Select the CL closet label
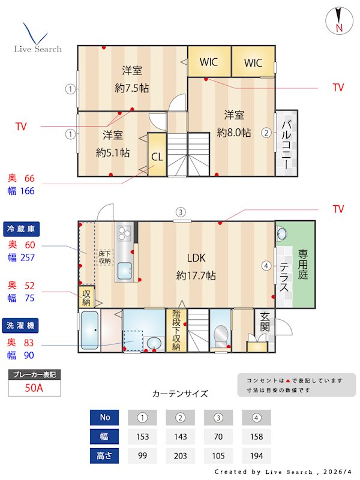[157, 157]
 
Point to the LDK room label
[196, 259]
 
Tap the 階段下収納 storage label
[176, 329]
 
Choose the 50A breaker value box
[34, 388]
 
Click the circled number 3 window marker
[180, 211]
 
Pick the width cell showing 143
[180, 436]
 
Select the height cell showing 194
[256, 455]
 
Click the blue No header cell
[105, 417]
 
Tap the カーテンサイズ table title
[180, 394]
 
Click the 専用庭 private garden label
[303, 265]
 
